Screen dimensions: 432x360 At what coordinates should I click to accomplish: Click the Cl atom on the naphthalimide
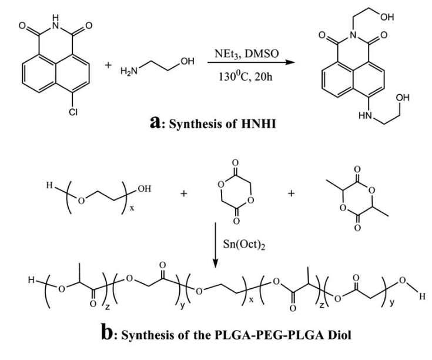pyautogui.click(x=73, y=112)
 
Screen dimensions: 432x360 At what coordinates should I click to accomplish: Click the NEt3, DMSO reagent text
pyautogui.click(x=247, y=54)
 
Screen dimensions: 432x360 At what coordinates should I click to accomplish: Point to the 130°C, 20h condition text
pyautogui.click(x=246, y=76)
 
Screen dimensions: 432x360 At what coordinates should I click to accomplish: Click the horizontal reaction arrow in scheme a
pyautogui.click(x=251, y=62)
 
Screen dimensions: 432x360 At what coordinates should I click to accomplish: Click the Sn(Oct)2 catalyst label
pyautogui.click(x=244, y=245)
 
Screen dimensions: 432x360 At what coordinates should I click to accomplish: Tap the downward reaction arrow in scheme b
pyautogui.click(x=216, y=245)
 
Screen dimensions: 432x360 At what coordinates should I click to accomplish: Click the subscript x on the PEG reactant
pyautogui.click(x=132, y=208)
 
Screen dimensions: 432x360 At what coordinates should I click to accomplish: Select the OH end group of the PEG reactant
pyautogui.click(x=145, y=189)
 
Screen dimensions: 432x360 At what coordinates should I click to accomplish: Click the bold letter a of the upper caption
pyautogui.click(x=155, y=122)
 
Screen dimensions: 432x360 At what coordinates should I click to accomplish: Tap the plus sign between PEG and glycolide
pyautogui.click(x=184, y=194)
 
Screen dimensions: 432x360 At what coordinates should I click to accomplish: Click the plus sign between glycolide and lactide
pyautogui.click(x=291, y=194)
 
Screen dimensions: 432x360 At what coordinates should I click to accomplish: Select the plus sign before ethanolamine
pyautogui.click(x=108, y=65)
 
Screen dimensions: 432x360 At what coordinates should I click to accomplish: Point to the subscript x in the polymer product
pyautogui.click(x=251, y=300)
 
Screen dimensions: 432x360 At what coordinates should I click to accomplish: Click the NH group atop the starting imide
pyautogui.click(x=56, y=22)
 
